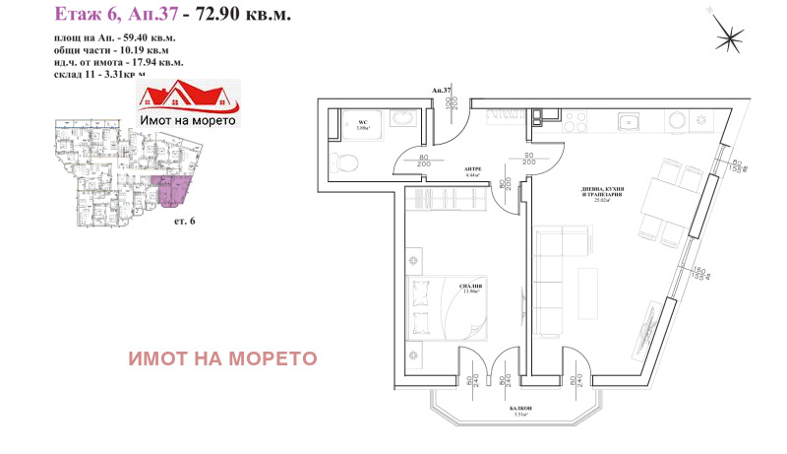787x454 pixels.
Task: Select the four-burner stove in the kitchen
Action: (x=676, y=120)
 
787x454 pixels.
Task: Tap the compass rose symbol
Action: (x=732, y=36)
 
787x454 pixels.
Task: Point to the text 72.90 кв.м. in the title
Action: (x=245, y=15)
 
